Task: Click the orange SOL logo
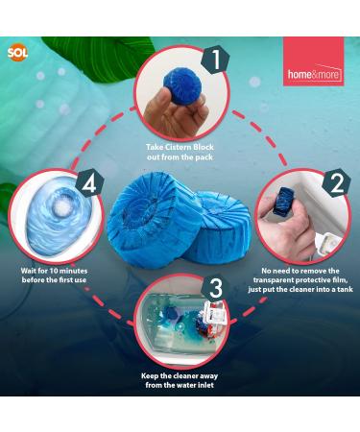[x=18, y=53]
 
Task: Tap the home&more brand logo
[x=314, y=61]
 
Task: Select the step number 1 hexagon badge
[x=215, y=60]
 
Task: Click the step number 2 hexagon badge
[x=336, y=183]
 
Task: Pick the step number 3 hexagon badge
[x=216, y=288]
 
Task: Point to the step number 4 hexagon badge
[x=90, y=183]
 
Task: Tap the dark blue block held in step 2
[x=280, y=201]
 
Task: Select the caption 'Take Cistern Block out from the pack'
[x=180, y=153]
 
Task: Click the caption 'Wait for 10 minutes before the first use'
[x=54, y=276]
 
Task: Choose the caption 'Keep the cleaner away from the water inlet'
[x=180, y=380]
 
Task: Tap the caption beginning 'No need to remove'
[x=300, y=280]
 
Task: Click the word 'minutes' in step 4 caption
[x=73, y=271]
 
